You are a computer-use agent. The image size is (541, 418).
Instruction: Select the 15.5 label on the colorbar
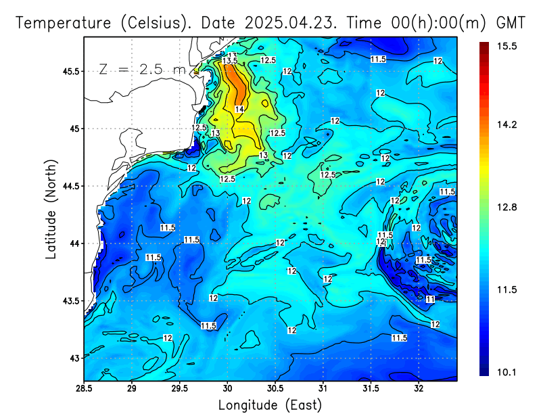(x=507, y=46)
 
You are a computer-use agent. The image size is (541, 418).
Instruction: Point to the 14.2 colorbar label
(x=507, y=124)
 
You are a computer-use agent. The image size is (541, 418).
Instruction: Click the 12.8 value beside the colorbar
(x=507, y=207)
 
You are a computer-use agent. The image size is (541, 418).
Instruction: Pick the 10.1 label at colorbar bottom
(x=507, y=371)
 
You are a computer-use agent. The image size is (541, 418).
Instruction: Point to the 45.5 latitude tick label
(x=68, y=71)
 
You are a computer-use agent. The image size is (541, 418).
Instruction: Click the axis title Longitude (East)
(x=270, y=405)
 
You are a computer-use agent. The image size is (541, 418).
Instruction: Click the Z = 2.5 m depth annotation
(x=142, y=70)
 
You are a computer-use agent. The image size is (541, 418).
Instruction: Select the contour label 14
(x=239, y=109)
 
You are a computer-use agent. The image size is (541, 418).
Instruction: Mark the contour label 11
(x=430, y=299)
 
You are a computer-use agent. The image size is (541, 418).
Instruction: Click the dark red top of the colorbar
(x=484, y=46)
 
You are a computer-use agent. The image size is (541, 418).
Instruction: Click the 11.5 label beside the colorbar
(x=507, y=289)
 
